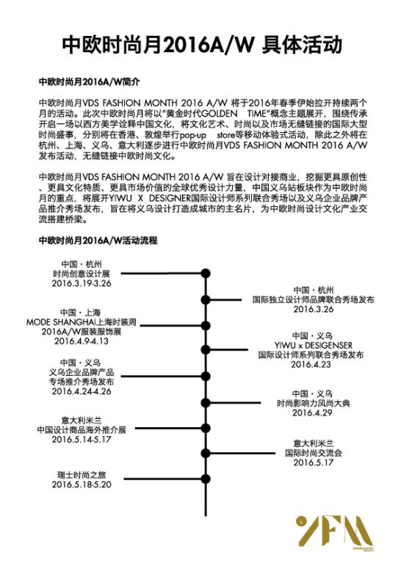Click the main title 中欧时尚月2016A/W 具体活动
point(202,45)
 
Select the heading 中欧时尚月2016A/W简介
point(89,81)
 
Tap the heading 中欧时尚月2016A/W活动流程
point(98,240)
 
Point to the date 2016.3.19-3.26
point(82,283)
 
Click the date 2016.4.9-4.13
point(82,341)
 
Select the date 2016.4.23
point(311,364)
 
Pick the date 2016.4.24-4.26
point(82,391)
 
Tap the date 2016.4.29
point(312,412)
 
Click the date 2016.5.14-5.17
point(82,439)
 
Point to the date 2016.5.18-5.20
point(82,484)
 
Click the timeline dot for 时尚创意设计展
point(206,273)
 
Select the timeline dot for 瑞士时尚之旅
point(206,479)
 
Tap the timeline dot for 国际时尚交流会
point(206,454)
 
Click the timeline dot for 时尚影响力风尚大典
point(206,403)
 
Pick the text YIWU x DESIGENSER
point(313,345)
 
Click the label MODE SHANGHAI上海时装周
point(81,322)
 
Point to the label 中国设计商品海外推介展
point(82,429)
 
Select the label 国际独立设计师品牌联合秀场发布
point(313,299)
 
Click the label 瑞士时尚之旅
point(82,475)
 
